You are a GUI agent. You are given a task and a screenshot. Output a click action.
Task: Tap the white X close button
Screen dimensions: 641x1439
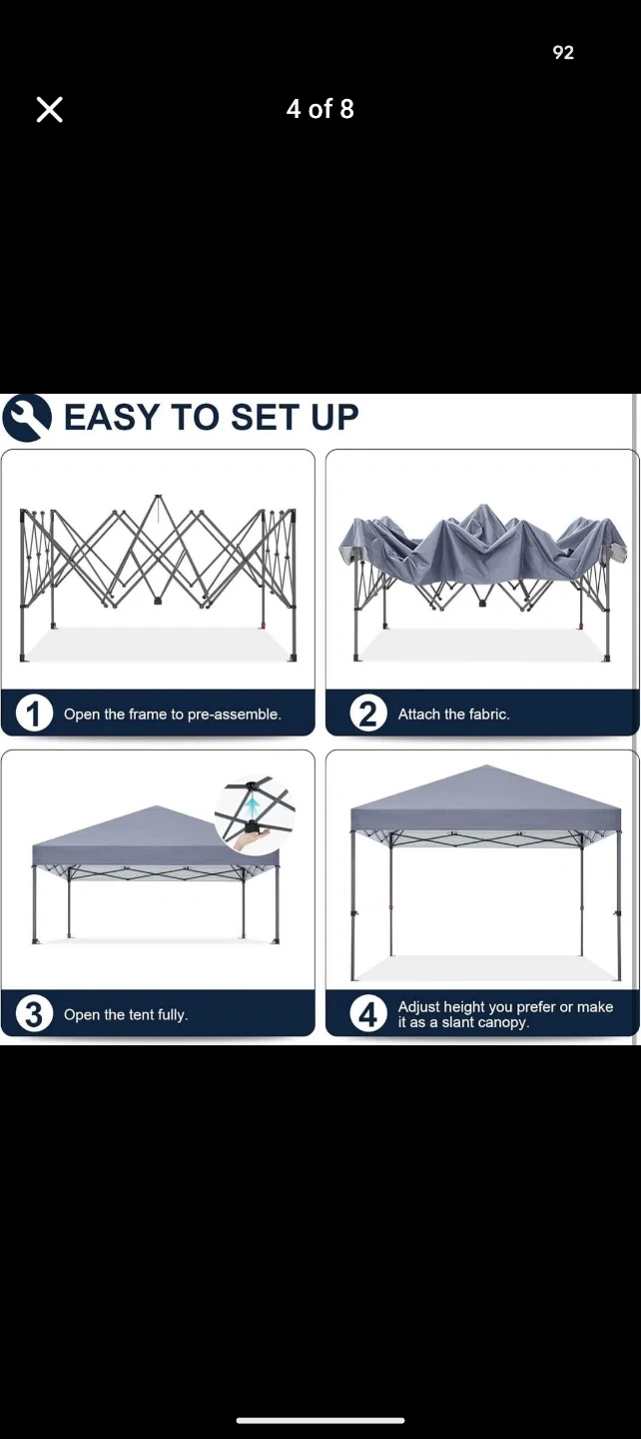[x=49, y=110]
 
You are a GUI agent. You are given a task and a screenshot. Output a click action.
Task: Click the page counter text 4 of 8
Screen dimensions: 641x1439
[x=320, y=109]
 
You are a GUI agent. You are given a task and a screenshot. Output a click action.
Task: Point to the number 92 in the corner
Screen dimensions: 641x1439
[x=563, y=53]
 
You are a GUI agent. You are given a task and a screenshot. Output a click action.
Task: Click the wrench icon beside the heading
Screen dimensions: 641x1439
[x=26, y=417]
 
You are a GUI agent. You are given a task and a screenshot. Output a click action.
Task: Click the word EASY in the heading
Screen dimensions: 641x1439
[x=112, y=417]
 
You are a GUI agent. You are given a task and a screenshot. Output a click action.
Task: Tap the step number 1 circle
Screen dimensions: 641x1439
[x=34, y=714]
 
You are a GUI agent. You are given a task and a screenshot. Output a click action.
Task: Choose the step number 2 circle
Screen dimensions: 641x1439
[x=368, y=714]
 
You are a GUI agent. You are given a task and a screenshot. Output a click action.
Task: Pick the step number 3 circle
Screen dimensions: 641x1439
[x=34, y=1013]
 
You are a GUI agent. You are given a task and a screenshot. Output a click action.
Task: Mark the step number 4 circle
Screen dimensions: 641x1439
[x=368, y=1013]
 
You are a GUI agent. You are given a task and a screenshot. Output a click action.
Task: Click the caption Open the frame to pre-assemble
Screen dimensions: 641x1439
[x=173, y=714]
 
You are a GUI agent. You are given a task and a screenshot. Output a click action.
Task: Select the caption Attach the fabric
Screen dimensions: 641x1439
[x=453, y=714]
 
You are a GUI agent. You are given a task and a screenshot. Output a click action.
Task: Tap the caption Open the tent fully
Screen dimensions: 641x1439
[x=126, y=1014]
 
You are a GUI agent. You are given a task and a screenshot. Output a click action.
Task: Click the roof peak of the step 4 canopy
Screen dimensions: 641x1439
[x=485, y=765]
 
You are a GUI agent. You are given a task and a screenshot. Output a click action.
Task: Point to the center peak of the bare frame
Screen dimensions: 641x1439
[x=158, y=496]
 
